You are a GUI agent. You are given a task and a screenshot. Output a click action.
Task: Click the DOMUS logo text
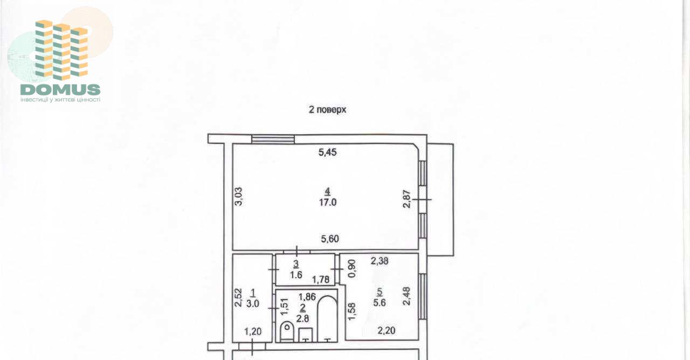click(60, 89)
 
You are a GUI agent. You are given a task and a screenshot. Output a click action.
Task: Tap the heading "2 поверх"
click(327, 109)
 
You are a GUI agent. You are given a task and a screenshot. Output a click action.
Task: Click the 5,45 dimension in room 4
click(327, 152)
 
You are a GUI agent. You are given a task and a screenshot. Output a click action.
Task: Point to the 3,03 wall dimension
click(239, 197)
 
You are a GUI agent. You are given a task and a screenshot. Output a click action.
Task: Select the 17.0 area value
click(328, 202)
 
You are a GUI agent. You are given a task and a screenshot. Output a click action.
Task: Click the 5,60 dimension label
click(330, 239)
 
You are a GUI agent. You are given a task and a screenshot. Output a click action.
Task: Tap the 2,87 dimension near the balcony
click(407, 199)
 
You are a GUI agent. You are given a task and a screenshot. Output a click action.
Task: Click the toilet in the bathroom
click(287, 331)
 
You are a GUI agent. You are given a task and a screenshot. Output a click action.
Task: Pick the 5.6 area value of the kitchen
click(379, 303)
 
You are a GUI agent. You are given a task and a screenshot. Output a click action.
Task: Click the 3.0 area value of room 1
click(253, 304)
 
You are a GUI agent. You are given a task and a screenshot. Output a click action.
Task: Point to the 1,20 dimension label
click(253, 331)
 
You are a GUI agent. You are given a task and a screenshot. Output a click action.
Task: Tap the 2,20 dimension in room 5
click(387, 330)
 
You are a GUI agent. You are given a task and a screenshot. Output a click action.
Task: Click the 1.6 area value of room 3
click(296, 275)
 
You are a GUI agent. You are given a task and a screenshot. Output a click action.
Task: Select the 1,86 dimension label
click(307, 297)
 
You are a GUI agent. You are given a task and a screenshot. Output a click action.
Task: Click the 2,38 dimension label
click(379, 261)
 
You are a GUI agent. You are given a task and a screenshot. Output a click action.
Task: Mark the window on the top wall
click(273, 139)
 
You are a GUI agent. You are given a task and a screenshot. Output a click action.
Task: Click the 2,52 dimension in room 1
click(238, 297)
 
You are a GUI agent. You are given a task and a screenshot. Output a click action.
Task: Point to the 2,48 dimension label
click(406, 296)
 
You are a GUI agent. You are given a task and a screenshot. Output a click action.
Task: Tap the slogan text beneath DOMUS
click(60, 100)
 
